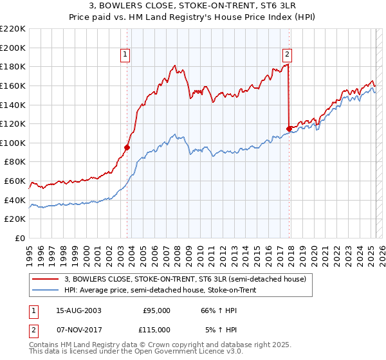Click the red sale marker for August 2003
(x=127, y=147)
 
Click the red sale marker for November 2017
(x=289, y=129)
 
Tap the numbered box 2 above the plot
(x=287, y=55)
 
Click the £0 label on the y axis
(x=21, y=238)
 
